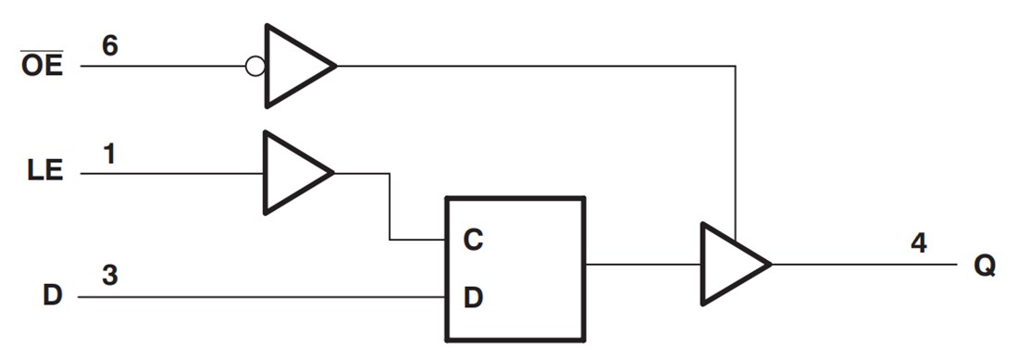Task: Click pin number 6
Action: click(110, 46)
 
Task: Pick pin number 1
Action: click(109, 154)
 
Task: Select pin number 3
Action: click(110, 276)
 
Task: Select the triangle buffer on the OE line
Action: click(294, 67)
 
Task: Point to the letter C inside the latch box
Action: click(473, 241)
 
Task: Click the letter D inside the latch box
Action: click(473, 298)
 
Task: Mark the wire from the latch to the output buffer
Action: click(643, 264)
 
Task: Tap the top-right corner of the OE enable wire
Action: click(736, 67)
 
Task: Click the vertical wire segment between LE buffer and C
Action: click(390, 206)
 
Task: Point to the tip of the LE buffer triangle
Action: click(332, 173)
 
